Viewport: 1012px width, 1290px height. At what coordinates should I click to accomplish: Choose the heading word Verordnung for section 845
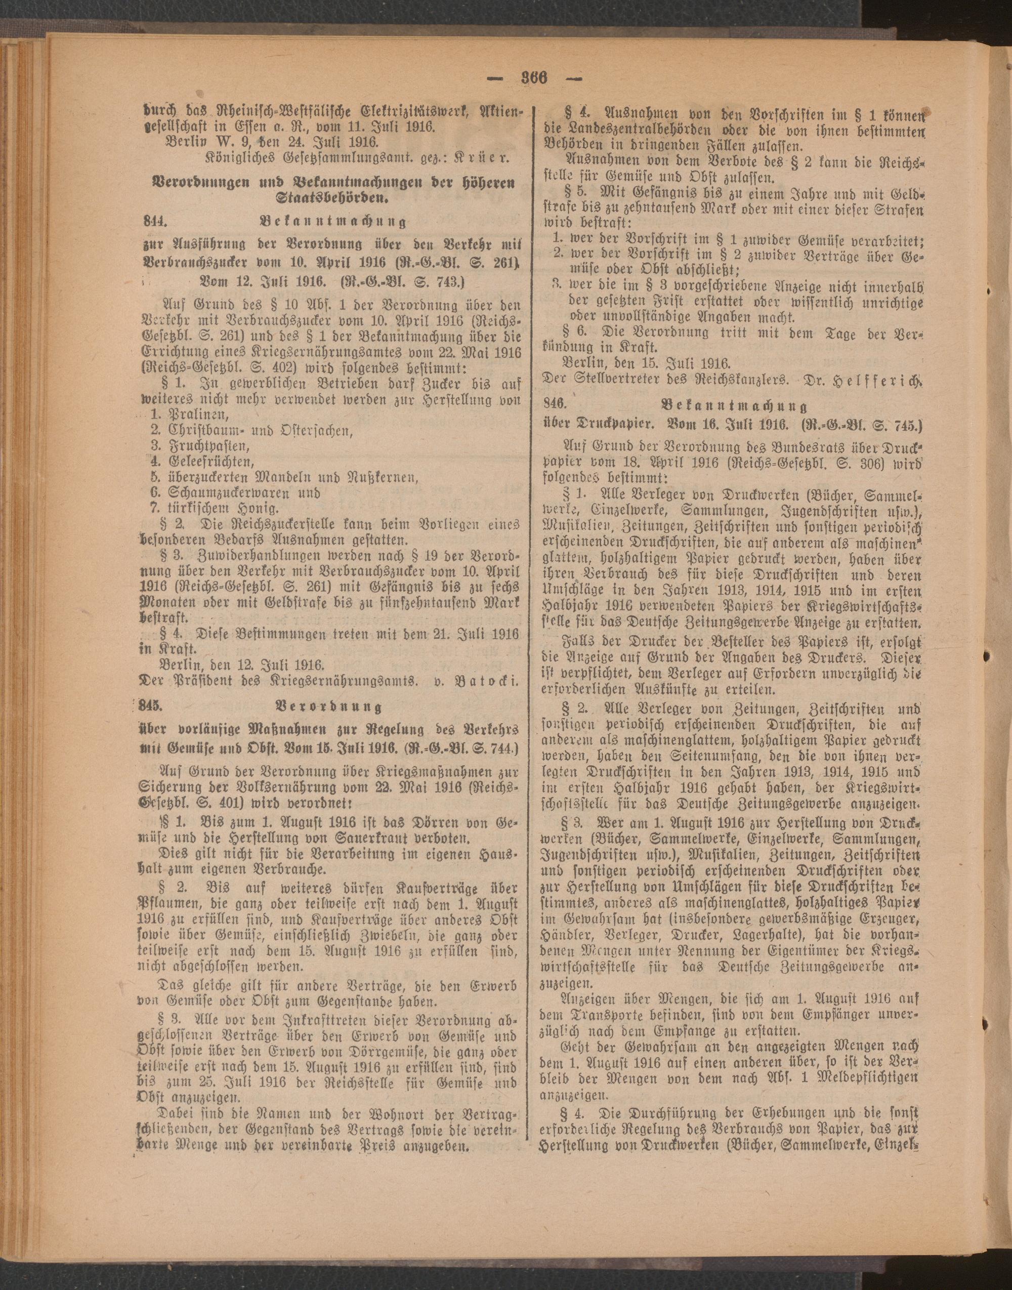(x=329, y=706)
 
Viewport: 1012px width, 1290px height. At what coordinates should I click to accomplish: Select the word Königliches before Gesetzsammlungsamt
(x=240, y=159)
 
